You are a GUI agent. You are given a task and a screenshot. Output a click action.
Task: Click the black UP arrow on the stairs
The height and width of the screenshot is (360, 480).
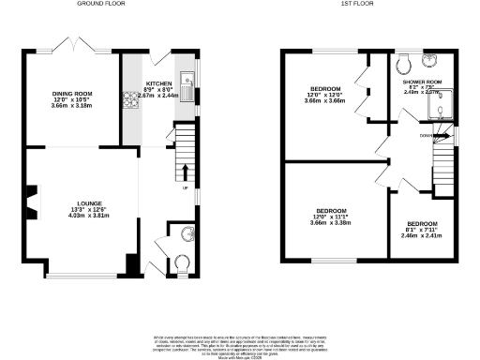tap(184, 172)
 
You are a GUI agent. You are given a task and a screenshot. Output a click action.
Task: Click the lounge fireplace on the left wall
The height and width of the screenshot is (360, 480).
tap(31, 200)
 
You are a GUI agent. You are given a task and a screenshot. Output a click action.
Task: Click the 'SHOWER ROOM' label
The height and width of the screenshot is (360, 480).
tap(423, 82)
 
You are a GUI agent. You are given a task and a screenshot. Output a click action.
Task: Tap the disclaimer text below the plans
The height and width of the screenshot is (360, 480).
tap(240, 345)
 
